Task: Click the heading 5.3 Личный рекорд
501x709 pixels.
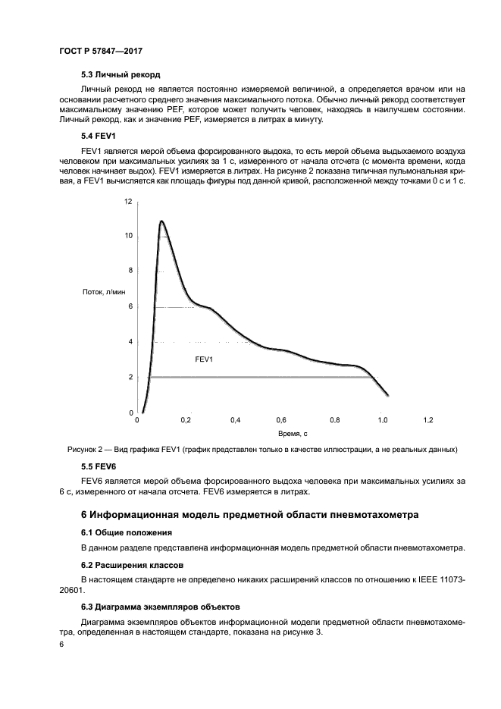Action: [x=121, y=74]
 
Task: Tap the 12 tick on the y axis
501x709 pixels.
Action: [x=128, y=202]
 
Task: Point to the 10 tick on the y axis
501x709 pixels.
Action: [x=128, y=237]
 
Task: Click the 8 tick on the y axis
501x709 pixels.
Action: [x=130, y=271]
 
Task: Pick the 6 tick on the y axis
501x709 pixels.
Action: [x=130, y=306]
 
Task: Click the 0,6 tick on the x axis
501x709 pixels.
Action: [x=281, y=419]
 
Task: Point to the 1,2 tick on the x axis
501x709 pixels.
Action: [x=428, y=419]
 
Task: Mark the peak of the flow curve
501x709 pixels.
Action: [x=161, y=221]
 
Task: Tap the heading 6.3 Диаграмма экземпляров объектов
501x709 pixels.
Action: [x=160, y=607]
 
